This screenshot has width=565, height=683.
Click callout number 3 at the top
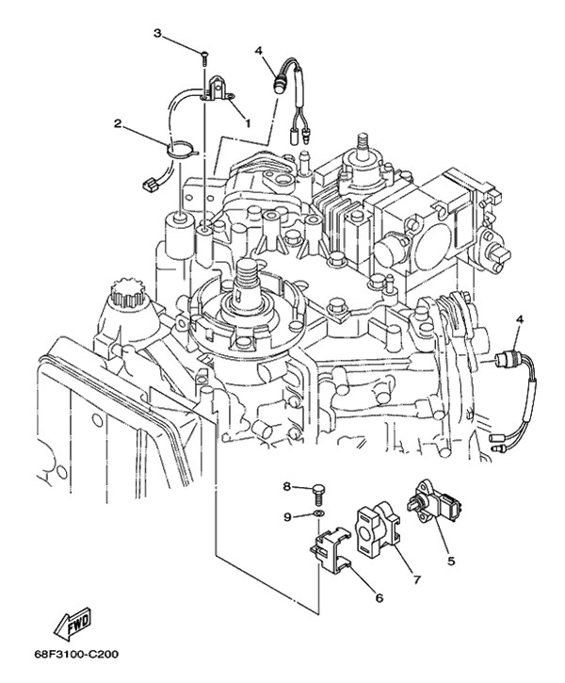157,34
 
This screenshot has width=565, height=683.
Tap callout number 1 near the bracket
248,123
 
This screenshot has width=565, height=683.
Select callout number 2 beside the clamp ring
118,123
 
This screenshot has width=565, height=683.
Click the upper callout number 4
259,50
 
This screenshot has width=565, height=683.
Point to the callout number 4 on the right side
519,320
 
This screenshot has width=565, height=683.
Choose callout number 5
451,561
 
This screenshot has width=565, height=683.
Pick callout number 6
379,598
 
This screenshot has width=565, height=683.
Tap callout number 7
416,579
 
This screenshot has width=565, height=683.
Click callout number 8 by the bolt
287,486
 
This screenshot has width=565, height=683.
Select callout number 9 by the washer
287,517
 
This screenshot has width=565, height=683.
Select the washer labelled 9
318,513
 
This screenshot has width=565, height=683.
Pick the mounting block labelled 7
378,529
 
